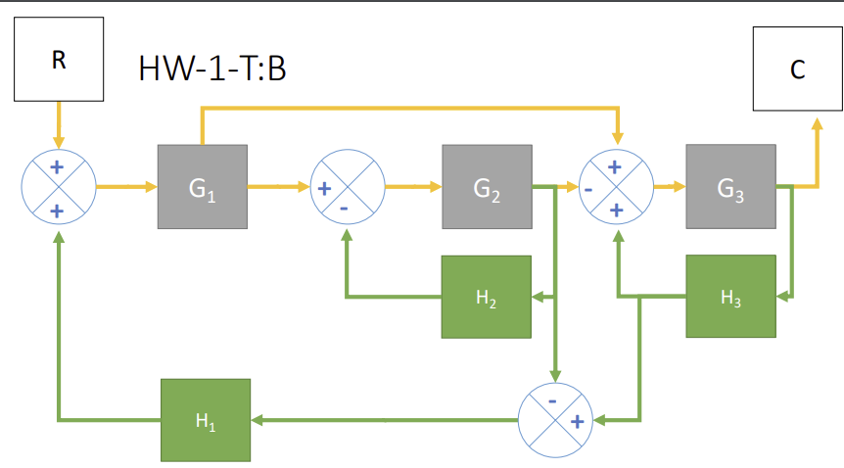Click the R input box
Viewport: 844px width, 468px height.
click(x=58, y=60)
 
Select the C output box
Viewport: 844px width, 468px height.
click(x=797, y=70)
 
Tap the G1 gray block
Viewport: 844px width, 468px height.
click(x=202, y=186)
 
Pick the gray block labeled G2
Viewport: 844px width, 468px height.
click(x=487, y=187)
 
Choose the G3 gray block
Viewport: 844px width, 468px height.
click(x=730, y=186)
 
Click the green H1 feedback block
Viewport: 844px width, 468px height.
click(x=205, y=420)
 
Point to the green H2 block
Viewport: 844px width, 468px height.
click(x=486, y=296)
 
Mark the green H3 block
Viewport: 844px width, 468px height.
click(x=730, y=296)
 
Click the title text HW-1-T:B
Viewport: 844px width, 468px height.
click(x=211, y=70)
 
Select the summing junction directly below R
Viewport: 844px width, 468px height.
click(x=58, y=187)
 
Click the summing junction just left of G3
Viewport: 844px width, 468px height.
click(x=616, y=187)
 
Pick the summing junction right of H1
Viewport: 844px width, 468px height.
click(x=555, y=420)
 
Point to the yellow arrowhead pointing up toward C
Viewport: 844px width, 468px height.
click(x=817, y=124)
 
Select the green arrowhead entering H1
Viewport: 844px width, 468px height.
click(x=257, y=420)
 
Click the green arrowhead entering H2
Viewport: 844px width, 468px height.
click(x=537, y=296)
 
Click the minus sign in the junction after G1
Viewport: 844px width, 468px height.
click(x=345, y=207)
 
